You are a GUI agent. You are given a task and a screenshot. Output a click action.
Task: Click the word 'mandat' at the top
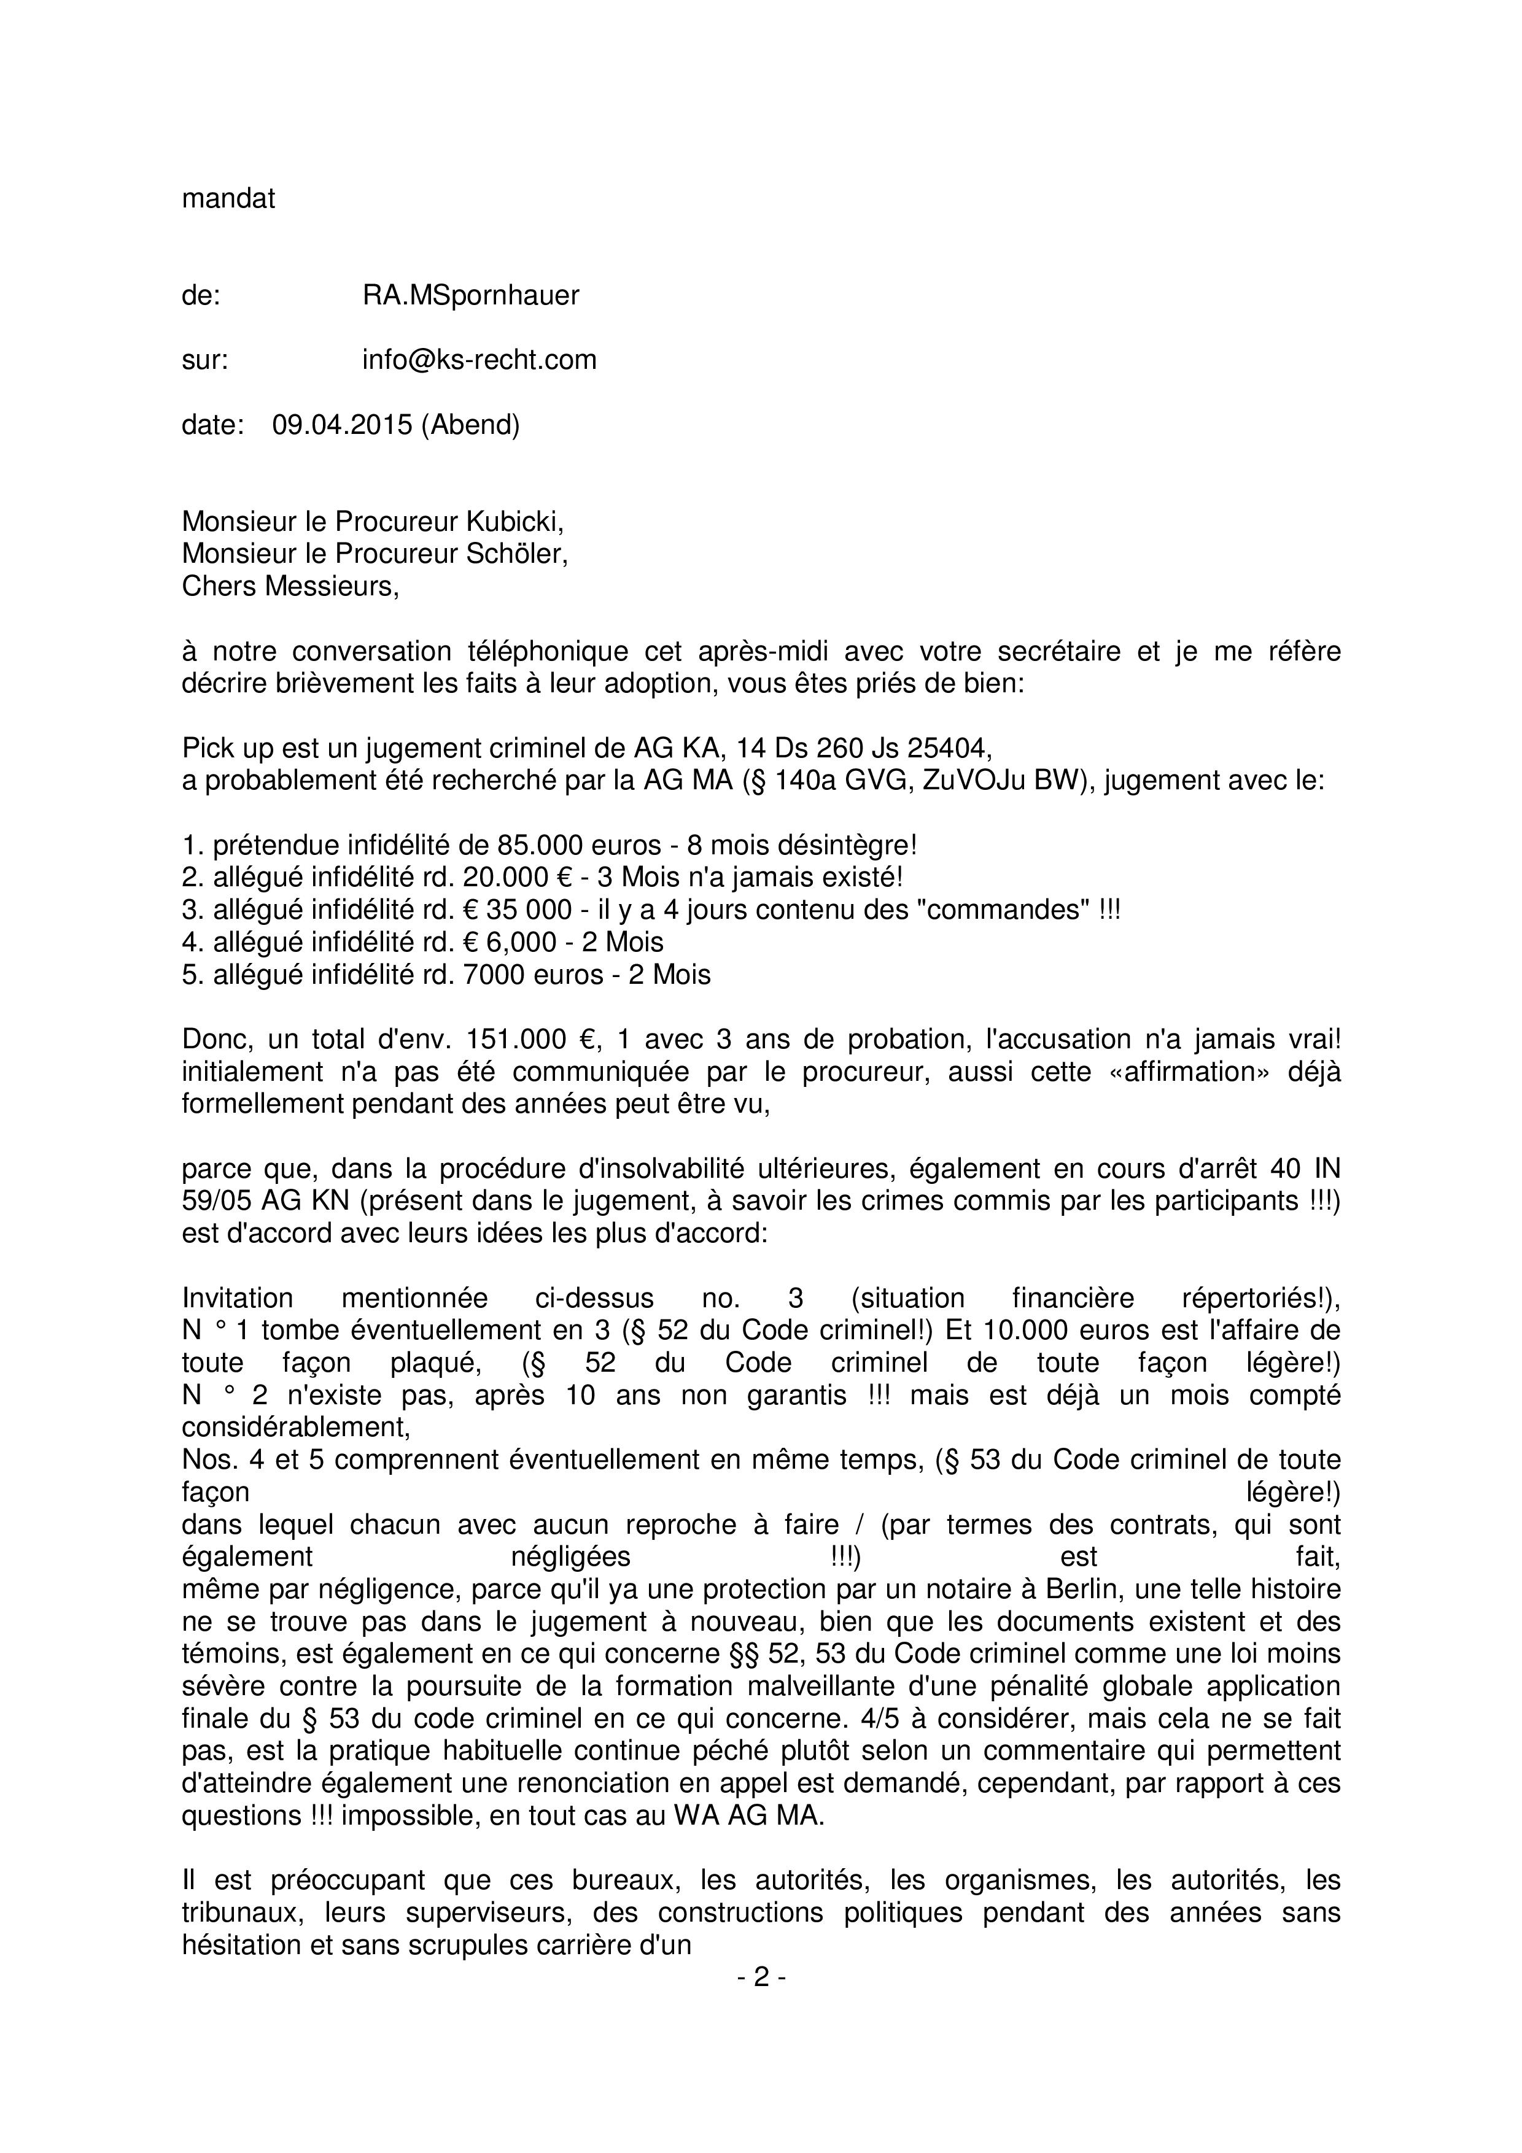[x=228, y=199]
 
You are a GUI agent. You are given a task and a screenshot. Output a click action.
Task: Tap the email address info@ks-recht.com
[x=480, y=360]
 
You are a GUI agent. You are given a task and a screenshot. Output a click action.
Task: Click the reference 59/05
[x=217, y=1200]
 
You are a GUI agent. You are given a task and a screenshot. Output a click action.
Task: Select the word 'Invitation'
[x=237, y=1298]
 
